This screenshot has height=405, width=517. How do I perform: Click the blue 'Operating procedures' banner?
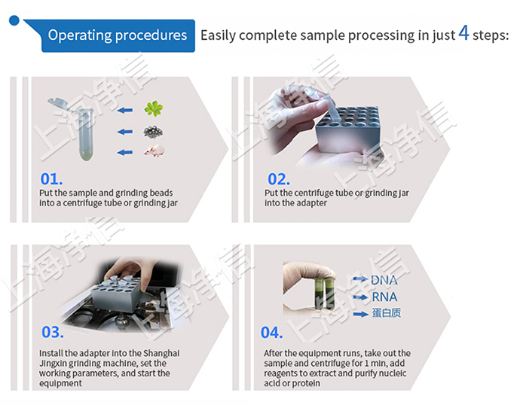pyautogui.click(x=117, y=35)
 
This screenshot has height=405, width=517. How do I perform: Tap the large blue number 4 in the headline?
pyautogui.click(x=464, y=34)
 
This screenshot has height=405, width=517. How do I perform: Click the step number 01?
pyautogui.click(x=51, y=180)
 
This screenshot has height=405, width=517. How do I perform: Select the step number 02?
pyautogui.click(x=279, y=179)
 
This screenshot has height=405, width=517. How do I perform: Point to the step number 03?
pyautogui.click(x=52, y=332)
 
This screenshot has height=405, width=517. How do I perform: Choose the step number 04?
pyautogui.click(x=272, y=332)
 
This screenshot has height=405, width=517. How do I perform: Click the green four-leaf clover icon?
pyautogui.click(x=154, y=110)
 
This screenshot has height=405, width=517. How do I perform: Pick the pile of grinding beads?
pyautogui.click(x=154, y=131)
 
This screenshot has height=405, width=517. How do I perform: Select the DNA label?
pyautogui.click(x=384, y=281)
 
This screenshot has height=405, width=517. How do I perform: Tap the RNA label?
pyautogui.click(x=384, y=296)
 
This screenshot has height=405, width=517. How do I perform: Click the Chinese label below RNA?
pyautogui.click(x=387, y=312)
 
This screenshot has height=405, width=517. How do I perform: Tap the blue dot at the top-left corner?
pyautogui.click(x=13, y=20)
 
